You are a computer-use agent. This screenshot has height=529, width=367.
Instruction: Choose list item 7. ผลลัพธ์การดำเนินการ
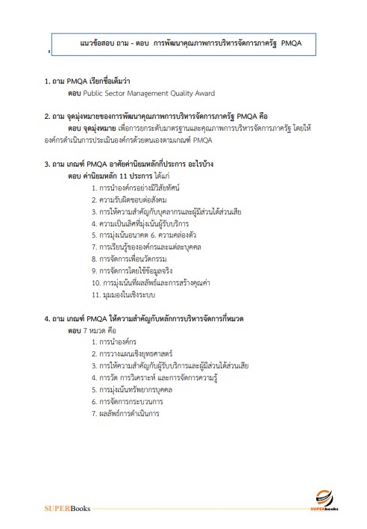pos(128,412)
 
